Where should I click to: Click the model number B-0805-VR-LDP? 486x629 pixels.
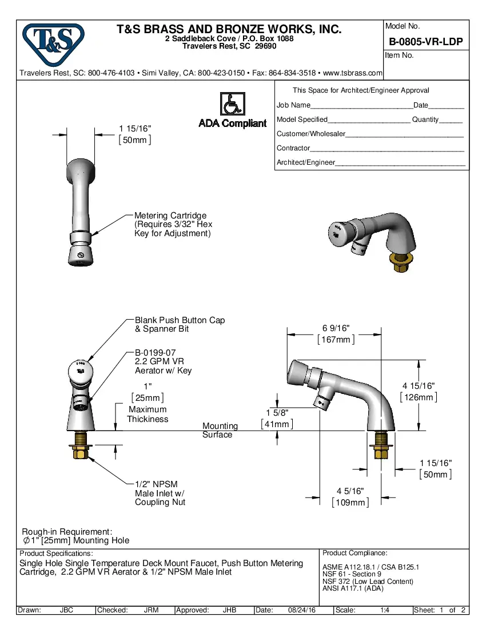425,42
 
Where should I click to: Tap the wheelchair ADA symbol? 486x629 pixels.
232,104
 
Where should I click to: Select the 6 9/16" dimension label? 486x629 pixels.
336,328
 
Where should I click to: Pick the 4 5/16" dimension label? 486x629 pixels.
350,491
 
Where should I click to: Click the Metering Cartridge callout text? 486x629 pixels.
170,216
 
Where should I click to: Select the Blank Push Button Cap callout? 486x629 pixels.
180,320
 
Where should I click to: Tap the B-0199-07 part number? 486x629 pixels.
155,353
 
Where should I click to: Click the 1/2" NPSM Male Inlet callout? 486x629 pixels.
156,484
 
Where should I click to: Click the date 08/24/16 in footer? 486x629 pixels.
302,610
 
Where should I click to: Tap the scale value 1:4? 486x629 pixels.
385,610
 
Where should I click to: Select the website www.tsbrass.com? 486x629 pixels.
352,73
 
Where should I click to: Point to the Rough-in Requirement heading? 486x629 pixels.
67,531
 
